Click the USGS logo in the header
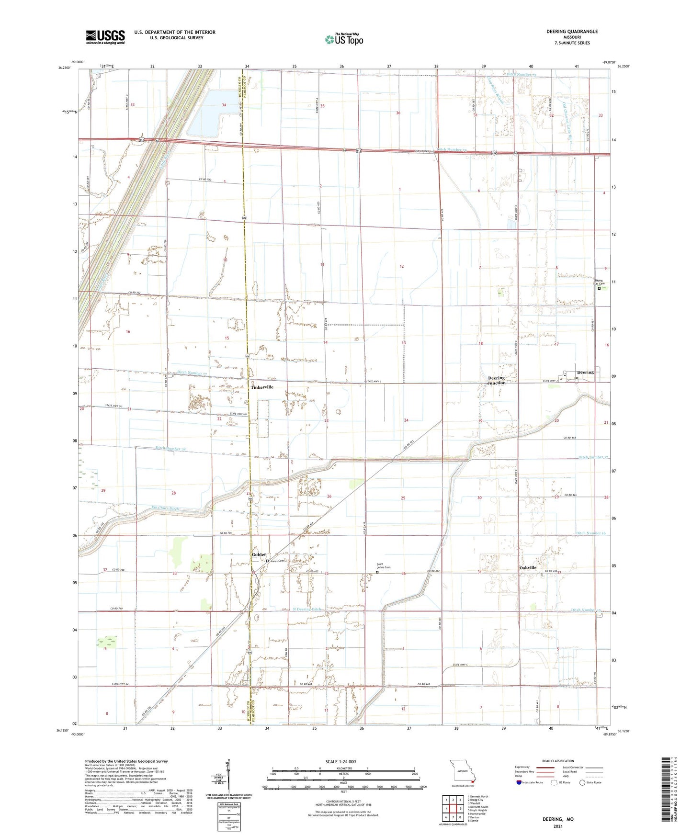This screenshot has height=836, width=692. click(x=105, y=37)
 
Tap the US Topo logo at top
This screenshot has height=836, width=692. click(x=344, y=39)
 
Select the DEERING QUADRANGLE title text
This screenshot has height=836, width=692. click(x=572, y=32)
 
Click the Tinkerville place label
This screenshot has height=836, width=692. click(x=262, y=387)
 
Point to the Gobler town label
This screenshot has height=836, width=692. click(x=259, y=554)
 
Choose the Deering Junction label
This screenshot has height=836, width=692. click(x=496, y=380)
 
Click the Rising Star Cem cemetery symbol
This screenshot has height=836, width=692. click(x=599, y=288)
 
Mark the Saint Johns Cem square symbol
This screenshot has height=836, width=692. click(x=377, y=572)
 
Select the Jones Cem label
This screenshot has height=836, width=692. click(x=277, y=561)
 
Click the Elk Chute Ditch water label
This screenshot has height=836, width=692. click(x=165, y=508)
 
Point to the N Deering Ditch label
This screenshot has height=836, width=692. click(x=307, y=610)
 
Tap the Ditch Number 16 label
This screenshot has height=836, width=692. click(x=590, y=533)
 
